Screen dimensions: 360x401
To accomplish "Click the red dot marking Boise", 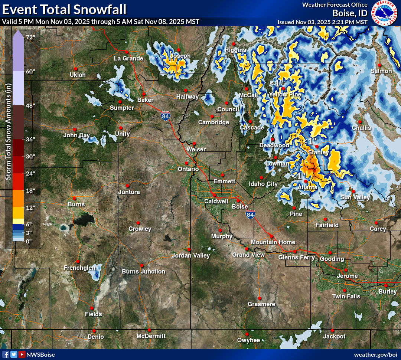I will tap(238, 200).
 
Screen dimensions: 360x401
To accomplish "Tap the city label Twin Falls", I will tap(346, 296).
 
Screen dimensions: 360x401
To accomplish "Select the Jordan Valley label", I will tap(191, 255).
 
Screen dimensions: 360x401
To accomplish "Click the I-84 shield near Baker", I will tap(166, 116).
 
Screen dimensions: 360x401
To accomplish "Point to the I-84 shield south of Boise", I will tap(250, 215).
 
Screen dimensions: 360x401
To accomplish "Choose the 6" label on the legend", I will tap(29, 224).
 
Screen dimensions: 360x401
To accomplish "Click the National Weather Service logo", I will tap(384, 13).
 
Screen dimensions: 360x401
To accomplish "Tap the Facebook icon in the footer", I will tap(6, 354).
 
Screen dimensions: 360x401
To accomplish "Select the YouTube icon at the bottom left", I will tap(22, 354).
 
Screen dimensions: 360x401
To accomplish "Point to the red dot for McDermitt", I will tap(149, 330).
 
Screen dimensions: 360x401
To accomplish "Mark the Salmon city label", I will tap(381, 71).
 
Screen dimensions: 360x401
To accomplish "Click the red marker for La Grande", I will tap(126, 52).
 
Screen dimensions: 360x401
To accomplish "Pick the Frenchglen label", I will tap(79, 268).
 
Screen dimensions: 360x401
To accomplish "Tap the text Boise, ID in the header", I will tap(350, 13).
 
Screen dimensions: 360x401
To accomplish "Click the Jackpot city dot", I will tap(332, 330).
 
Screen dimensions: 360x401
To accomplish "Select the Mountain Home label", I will tap(273, 242).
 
